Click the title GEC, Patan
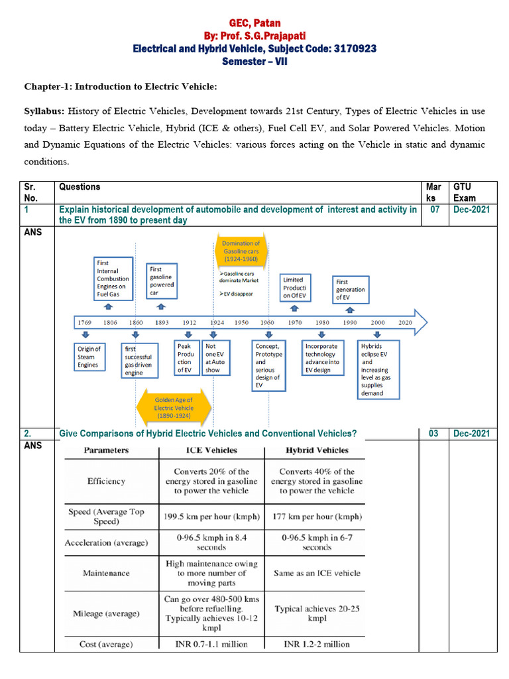(254, 23)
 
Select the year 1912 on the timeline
(190, 322)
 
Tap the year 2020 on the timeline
(404, 322)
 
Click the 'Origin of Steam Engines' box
(88, 357)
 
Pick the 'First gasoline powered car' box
(161, 281)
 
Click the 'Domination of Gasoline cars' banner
(241, 250)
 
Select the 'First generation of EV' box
(350, 290)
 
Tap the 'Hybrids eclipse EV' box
(380, 369)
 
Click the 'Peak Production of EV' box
(185, 357)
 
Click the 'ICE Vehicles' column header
(211, 450)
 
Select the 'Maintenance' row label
(106, 572)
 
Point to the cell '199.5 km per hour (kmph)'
(211, 516)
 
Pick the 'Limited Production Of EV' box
(294, 288)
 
